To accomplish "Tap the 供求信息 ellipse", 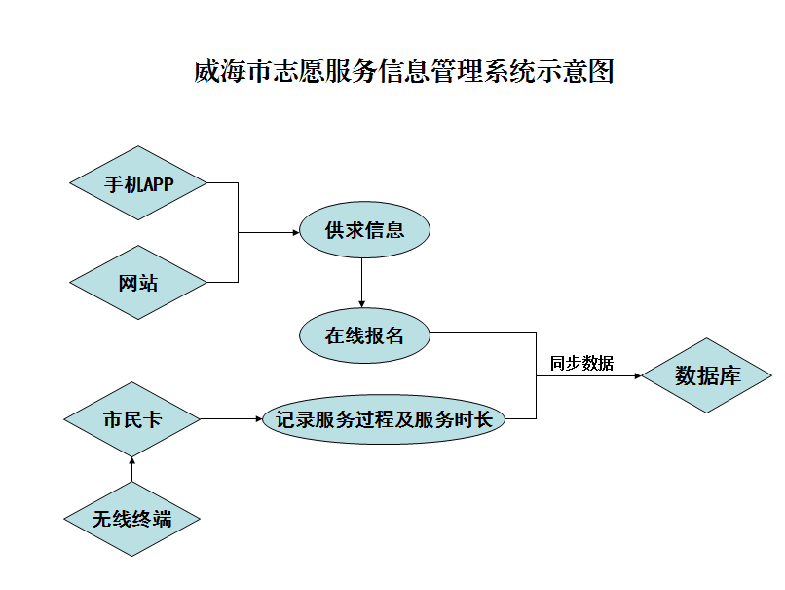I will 364,231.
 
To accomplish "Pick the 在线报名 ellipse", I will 364,334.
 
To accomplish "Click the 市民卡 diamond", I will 132,419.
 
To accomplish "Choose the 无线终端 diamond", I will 132,519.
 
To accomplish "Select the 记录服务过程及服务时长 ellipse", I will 384,419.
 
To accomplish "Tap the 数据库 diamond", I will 707,375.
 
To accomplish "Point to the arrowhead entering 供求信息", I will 293,232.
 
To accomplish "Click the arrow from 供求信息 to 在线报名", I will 362,283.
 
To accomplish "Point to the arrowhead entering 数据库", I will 636,375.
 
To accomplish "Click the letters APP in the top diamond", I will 157,183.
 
